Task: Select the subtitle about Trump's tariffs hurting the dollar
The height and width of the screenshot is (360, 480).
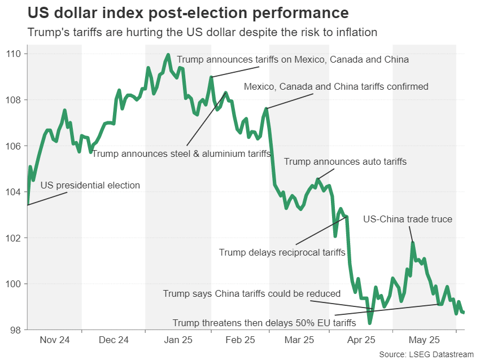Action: tap(202, 33)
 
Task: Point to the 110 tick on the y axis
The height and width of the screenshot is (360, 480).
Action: tap(15, 54)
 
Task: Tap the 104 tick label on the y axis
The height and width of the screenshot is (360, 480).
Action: tap(15, 192)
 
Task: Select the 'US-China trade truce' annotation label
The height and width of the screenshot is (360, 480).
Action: tap(407, 219)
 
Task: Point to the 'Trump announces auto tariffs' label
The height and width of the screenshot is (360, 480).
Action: tap(345, 161)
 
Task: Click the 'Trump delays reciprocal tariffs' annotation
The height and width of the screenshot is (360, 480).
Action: tap(282, 252)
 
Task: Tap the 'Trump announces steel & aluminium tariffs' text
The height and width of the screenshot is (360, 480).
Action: tap(181, 153)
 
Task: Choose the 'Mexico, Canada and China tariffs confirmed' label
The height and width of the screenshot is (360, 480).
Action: tap(336, 86)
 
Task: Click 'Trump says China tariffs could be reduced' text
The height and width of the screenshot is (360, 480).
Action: tap(252, 293)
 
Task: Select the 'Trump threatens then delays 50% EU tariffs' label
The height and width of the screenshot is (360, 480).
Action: tap(264, 323)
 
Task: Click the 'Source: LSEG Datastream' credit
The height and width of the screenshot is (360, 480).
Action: tap(426, 354)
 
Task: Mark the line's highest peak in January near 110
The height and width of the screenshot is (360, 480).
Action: tap(168, 55)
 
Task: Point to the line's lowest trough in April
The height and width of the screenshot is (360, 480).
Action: tap(370, 323)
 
